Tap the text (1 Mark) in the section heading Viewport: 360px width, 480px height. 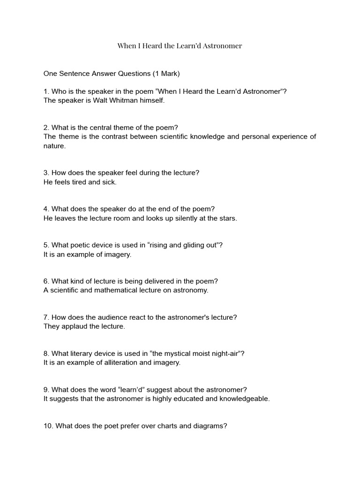pos(164,74)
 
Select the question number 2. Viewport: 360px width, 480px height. pos(46,127)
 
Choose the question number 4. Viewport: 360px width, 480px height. pos(46,209)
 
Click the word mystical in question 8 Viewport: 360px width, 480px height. pos(176,353)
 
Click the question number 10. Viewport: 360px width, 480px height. pos(48,426)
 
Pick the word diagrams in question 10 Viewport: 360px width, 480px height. pos(210,426)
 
